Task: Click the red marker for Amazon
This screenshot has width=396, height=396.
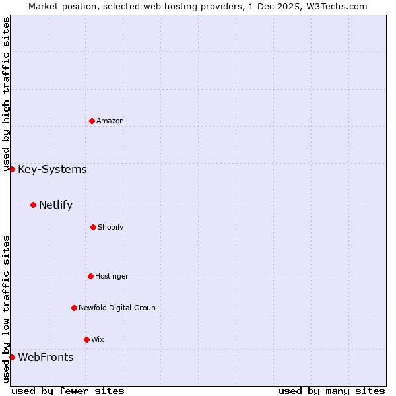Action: [x=92, y=121]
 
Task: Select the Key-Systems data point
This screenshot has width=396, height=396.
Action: [x=12, y=170]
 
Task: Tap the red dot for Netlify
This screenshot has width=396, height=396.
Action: [x=33, y=205]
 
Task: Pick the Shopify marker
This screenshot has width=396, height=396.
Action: [x=93, y=227]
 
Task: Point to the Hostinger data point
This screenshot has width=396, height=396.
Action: [x=90, y=276]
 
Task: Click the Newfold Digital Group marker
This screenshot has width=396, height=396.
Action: [x=74, y=308]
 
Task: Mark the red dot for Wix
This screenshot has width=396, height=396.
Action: [x=86, y=339]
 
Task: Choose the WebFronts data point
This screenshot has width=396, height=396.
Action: [x=12, y=358]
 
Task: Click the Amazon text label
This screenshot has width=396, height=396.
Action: [x=110, y=121]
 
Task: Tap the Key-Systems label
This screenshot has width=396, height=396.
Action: [x=52, y=170]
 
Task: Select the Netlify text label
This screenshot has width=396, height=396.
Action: [x=55, y=205]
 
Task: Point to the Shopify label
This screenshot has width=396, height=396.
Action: [x=110, y=227]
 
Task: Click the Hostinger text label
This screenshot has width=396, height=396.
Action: [x=112, y=276]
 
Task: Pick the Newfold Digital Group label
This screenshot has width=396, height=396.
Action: [x=117, y=308]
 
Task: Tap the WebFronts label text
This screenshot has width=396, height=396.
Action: [x=46, y=358]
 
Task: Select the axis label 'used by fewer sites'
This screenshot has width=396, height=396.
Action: [x=68, y=391]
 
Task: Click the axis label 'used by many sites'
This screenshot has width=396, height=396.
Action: [x=331, y=391]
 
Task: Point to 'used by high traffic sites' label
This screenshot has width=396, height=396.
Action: [x=6, y=94]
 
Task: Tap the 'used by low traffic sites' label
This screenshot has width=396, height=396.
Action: [x=6, y=309]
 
